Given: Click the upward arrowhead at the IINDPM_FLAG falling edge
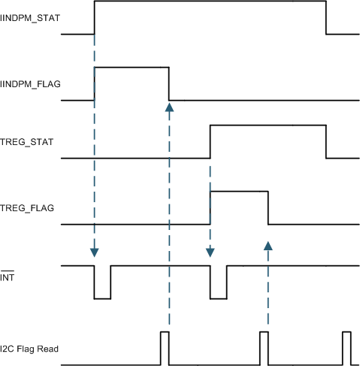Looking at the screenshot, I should pos(169,107).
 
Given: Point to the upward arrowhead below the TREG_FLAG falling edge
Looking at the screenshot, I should pos(268,245).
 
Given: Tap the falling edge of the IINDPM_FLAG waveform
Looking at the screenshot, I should pos(169,83).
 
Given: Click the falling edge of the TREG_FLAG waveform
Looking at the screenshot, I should pos(268,208).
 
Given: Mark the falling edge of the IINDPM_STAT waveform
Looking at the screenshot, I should pos(326,17).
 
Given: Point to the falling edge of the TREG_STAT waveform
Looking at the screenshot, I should pos(326,142).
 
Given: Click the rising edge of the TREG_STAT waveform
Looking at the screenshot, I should pos(210,142).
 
